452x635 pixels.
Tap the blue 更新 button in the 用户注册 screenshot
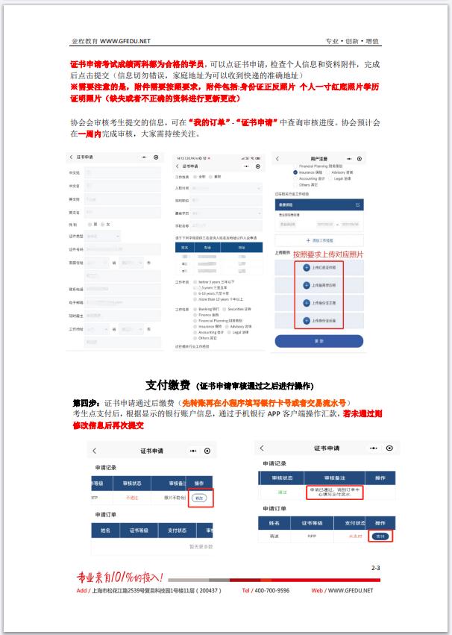click(318, 340)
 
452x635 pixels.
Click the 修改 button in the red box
click(198, 497)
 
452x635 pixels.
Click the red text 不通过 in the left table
click(132, 497)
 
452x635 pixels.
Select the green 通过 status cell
click(282, 492)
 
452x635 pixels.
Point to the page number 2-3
click(375, 569)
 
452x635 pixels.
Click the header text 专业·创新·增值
click(353, 41)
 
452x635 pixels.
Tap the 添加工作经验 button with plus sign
click(319, 241)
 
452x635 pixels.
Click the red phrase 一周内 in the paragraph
click(90, 133)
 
